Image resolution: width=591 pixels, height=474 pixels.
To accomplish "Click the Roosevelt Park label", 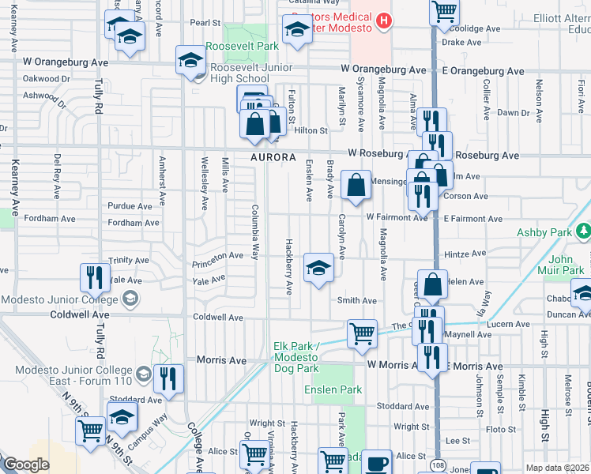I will (x=243, y=47).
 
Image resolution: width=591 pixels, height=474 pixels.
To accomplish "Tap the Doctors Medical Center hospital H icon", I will (x=383, y=21).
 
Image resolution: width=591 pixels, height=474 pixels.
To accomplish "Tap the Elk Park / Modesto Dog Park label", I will (x=295, y=358).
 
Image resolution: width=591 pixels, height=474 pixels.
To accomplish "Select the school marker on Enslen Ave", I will (x=318, y=266).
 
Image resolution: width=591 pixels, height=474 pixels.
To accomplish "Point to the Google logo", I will (x=26, y=465).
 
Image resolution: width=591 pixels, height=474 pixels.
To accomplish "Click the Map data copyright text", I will (x=558, y=468).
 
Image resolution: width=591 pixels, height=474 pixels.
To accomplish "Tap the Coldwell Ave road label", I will (x=218, y=317).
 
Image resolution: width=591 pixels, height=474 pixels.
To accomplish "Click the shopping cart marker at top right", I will (x=445, y=11).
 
